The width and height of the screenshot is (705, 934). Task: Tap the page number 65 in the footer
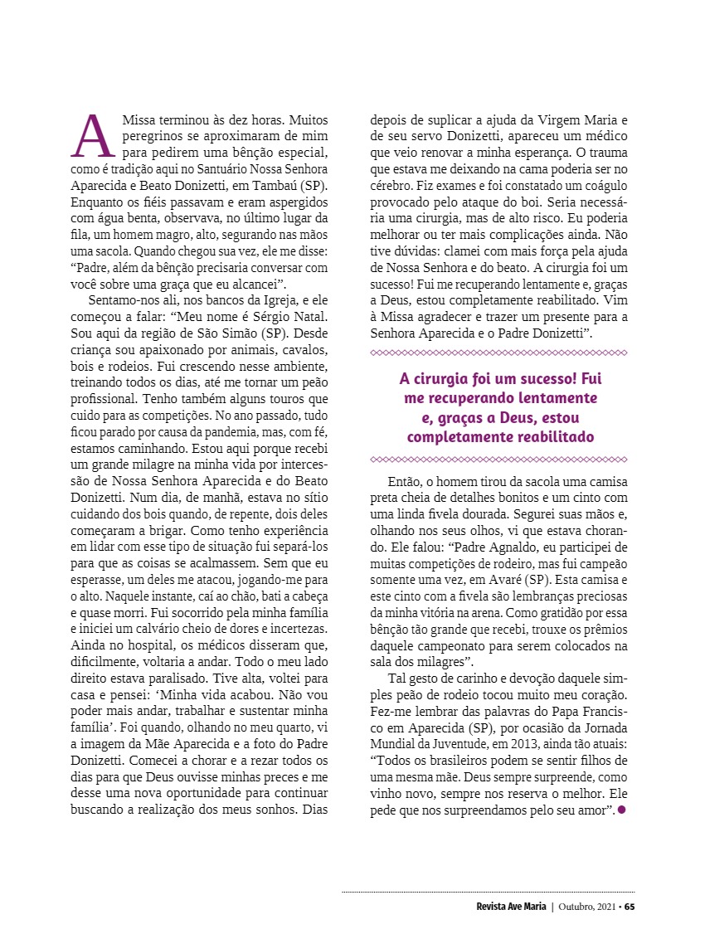click(x=630, y=906)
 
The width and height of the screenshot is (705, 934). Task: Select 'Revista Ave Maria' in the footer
click(x=505, y=906)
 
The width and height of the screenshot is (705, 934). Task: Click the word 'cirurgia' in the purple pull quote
click(x=447, y=379)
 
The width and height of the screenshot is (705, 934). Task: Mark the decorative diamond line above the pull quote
click(x=498, y=353)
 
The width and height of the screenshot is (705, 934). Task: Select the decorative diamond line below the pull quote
click(x=498, y=459)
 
